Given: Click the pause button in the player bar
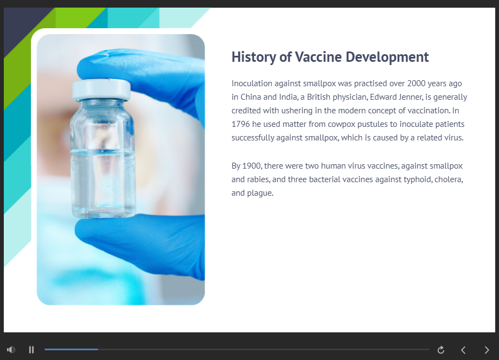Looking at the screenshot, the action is click(31, 350).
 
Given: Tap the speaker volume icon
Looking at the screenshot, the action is click(11, 350).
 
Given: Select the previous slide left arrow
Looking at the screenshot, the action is click(463, 350).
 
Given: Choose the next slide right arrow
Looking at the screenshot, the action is click(487, 350).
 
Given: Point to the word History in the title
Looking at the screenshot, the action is click(254, 57).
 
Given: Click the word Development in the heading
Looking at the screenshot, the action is click(387, 57).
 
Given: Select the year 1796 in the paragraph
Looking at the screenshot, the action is click(241, 124).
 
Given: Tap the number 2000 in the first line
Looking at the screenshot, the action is click(416, 83).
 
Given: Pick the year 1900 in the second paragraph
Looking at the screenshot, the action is click(252, 166).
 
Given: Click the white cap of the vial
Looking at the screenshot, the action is click(101, 89).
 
